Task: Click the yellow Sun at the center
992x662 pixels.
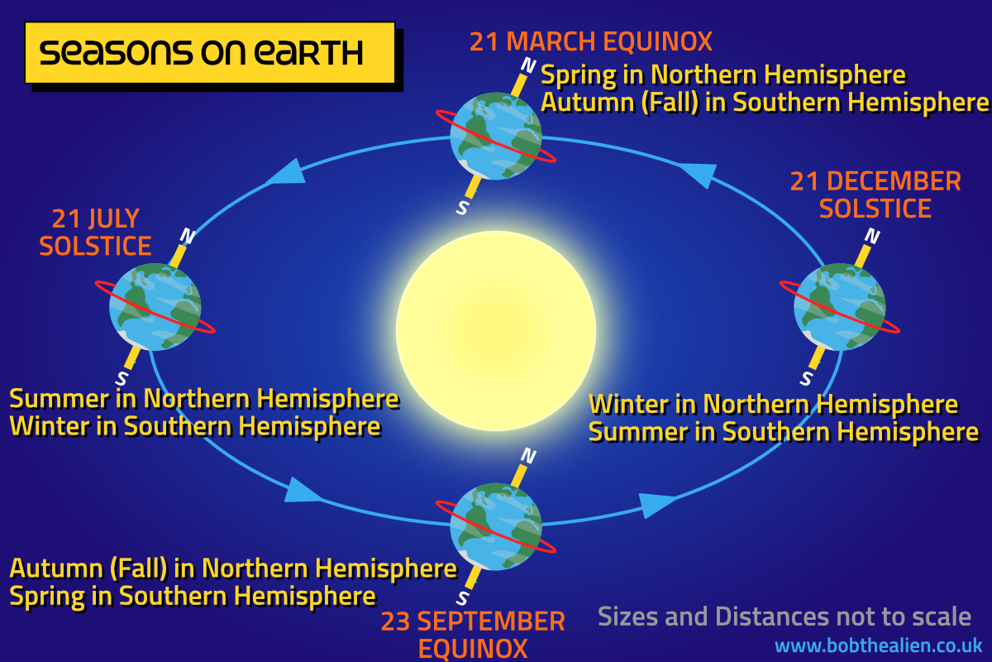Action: [496, 331]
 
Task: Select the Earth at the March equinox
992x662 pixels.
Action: [496, 137]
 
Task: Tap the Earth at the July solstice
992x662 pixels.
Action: [155, 307]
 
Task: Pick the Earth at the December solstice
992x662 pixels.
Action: [840, 307]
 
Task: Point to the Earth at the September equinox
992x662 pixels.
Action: [496, 526]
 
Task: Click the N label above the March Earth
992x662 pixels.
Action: [528, 65]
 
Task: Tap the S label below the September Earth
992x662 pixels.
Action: [462, 598]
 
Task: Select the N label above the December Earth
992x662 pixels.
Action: [872, 236]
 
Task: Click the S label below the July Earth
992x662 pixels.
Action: [122, 379]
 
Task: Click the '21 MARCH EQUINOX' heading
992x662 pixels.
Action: [591, 41]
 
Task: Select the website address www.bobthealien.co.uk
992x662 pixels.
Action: [878, 645]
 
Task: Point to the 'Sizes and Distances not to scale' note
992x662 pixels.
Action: [785, 616]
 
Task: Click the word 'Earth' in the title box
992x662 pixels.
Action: [308, 53]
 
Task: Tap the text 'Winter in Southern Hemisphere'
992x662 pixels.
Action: [195, 426]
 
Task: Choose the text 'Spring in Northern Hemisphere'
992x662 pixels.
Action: [723, 74]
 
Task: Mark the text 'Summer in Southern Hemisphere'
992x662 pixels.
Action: [784, 432]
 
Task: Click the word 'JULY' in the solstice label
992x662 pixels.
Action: [114, 218]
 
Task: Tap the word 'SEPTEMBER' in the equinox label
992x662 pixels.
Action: [491, 621]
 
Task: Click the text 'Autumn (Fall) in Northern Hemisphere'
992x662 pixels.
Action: [233, 568]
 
